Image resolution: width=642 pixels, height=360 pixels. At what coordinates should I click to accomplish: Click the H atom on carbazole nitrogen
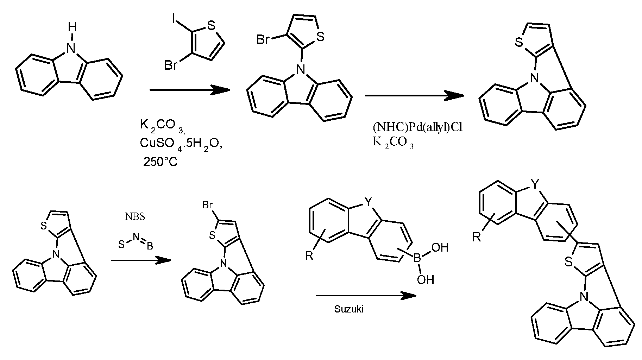click(x=71, y=26)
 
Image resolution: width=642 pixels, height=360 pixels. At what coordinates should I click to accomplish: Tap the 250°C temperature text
click(x=160, y=162)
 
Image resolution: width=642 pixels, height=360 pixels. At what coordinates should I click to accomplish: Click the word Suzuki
click(x=348, y=309)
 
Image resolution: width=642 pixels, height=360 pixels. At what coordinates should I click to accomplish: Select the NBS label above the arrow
click(x=135, y=216)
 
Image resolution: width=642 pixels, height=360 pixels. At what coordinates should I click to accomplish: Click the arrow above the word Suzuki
click(x=366, y=296)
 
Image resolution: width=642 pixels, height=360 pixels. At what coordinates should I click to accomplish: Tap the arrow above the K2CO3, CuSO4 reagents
click(x=190, y=90)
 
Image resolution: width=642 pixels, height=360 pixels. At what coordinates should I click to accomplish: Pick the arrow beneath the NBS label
click(x=141, y=260)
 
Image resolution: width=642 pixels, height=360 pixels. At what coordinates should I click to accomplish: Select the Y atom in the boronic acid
click(x=368, y=202)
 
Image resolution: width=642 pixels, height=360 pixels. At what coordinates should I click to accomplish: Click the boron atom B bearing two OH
click(x=417, y=259)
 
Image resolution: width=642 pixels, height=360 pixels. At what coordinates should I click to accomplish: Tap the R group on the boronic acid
click(x=309, y=256)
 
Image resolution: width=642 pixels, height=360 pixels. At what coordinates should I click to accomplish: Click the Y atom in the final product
click(x=535, y=184)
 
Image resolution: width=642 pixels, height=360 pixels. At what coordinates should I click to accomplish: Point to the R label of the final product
click(x=476, y=237)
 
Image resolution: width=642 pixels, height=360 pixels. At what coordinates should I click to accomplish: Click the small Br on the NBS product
click(x=207, y=205)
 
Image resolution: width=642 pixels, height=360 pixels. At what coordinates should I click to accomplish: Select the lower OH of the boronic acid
click(x=426, y=280)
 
